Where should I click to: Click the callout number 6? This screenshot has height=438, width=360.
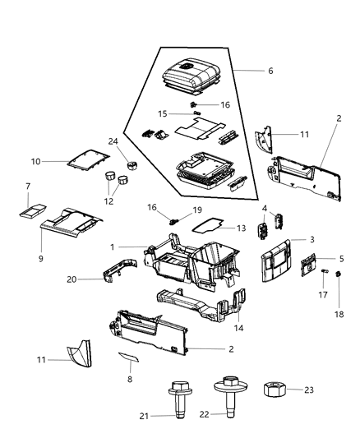pyautogui.click(x=270, y=71)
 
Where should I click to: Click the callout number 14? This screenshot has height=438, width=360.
pyautogui.click(x=238, y=328)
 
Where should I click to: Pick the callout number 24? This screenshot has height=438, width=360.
pyautogui.click(x=113, y=141)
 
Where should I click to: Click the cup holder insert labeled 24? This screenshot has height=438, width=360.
pyautogui.click(x=132, y=165)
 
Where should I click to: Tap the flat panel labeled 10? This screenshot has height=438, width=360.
pyautogui.click(x=88, y=159)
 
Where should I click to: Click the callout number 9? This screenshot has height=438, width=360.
pyautogui.click(x=41, y=259)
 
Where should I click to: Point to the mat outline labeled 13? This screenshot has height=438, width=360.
pyautogui.click(x=208, y=225)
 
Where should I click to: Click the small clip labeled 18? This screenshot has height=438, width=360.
pyautogui.click(x=338, y=274)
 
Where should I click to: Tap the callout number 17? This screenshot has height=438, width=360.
pyautogui.click(x=323, y=295)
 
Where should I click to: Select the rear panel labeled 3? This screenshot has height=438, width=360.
pyautogui.click(x=276, y=260)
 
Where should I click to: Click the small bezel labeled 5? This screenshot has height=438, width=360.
pyautogui.click(x=308, y=265)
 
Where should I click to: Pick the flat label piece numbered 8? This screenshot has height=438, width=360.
pyautogui.click(x=128, y=357)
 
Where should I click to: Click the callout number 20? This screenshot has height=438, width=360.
pyautogui.click(x=72, y=279)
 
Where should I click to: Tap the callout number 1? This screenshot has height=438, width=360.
pyautogui.click(x=113, y=247)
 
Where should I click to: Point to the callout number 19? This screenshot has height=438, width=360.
pyautogui.click(x=197, y=210)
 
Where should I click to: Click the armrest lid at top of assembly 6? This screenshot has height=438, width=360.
pyautogui.click(x=191, y=76)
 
